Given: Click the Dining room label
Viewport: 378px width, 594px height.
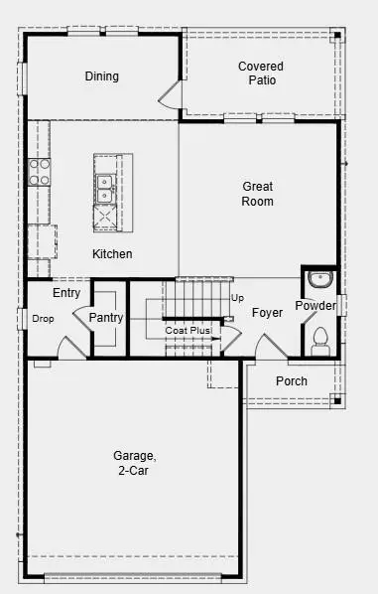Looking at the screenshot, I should (x=102, y=76).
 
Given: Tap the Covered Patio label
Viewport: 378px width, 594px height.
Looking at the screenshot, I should (x=261, y=74).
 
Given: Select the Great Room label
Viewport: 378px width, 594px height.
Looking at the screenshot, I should (x=257, y=194).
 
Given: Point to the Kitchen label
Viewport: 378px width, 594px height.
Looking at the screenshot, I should (x=112, y=254).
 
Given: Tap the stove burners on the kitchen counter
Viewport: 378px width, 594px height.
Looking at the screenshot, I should (x=39, y=172).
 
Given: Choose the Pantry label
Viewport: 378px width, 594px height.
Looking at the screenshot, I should (x=105, y=317).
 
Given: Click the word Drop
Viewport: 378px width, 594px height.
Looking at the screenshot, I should (x=43, y=319).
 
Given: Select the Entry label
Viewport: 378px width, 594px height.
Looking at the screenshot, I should (x=66, y=293).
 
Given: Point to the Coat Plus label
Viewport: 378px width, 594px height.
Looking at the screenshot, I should (x=189, y=330).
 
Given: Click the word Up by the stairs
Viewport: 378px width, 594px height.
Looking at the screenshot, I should (x=237, y=298).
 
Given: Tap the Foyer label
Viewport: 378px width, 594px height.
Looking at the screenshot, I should (x=267, y=313).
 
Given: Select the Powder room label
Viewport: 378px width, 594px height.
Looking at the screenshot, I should (x=315, y=305).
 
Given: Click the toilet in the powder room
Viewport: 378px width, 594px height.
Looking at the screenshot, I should (x=319, y=342).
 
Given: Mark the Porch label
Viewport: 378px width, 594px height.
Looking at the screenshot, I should (x=292, y=381).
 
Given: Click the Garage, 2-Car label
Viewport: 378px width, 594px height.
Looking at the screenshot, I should (x=134, y=463).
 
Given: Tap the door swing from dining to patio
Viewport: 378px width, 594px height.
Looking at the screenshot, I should (x=171, y=95).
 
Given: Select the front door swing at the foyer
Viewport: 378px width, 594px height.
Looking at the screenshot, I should (x=271, y=348).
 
